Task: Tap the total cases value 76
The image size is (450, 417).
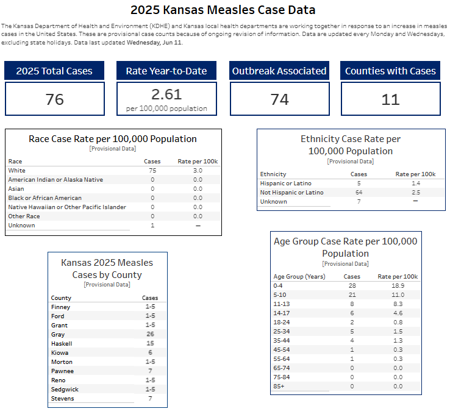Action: pos(55,99)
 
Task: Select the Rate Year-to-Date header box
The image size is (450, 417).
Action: pos(166,71)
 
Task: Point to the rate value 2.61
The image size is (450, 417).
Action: pos(166,94)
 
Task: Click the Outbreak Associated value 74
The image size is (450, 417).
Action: pos(280,99)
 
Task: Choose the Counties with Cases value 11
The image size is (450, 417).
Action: pos(390,99)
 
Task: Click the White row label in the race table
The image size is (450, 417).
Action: pos(17,171)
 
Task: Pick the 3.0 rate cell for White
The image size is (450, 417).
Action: pos(198,171)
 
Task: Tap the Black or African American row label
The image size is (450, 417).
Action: pos(45,198)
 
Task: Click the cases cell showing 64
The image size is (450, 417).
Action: pos(359,193)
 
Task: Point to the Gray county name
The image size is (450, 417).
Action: pos(58,335)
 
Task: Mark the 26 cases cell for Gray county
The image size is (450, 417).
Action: pos(150,335)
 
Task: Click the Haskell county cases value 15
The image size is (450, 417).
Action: pos(150,344)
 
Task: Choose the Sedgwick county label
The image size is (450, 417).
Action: pos(65,390)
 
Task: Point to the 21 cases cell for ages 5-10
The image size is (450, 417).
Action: pos(352,295)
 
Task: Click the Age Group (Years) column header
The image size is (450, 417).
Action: pos(299,277)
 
